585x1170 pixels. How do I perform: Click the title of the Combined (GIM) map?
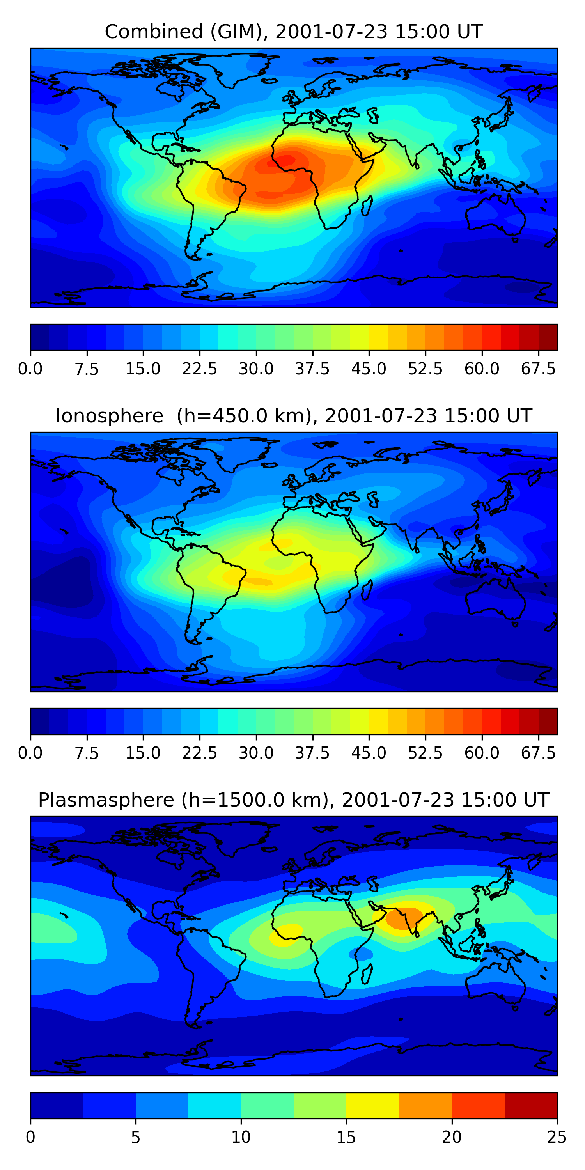click(x=293, y=32)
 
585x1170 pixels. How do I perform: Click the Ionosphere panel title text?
click(x=293, y=416)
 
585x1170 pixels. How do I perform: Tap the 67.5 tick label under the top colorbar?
click(x=538, y=369)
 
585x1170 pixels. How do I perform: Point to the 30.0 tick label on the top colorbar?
click(x=256, y=369)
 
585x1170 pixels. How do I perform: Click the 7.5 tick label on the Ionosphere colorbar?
click(x=87, y=753)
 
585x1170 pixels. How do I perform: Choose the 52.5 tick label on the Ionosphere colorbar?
click(x=425, y=753)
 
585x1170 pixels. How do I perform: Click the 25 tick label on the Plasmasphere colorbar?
click(x=557, y=1137)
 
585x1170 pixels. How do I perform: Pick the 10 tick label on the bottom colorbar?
click(x=241, y=1137)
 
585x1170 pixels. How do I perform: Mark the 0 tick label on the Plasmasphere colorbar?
click(x=30, y=1137)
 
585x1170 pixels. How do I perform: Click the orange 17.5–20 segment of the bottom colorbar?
click(x=425, y=1105)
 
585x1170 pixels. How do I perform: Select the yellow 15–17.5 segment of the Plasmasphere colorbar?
click(x=372, y=1105)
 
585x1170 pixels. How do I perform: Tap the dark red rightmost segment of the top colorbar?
click(x=548, y=337)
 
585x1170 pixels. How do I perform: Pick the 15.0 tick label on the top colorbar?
click(x=143, y=369)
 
